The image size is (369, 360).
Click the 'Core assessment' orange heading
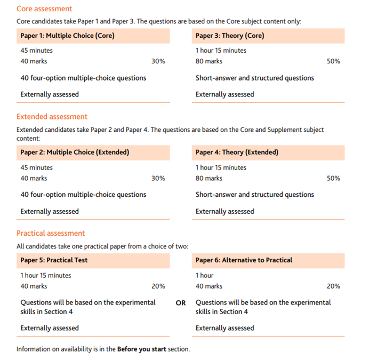click(x=44, y=9)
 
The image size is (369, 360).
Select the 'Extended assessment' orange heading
click(x=52, y=117)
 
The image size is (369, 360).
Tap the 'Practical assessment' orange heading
click(x=51, y=233)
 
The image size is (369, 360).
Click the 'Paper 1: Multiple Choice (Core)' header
click(x=67, y=36)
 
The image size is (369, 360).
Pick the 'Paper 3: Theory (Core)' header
click(x=230, y=36)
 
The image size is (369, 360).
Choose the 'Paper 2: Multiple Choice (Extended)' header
click(x=75, y=153)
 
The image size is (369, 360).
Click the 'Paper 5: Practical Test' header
click(x=54, y=260)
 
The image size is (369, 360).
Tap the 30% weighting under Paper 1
click(x=158, y=61)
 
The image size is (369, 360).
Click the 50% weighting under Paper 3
click(x=333, y=61)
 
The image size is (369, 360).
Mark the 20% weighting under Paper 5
click(x=158, y=286)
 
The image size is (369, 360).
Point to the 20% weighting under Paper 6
click(x=333, y=286)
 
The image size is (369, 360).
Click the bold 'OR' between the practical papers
click(x=181, y=303)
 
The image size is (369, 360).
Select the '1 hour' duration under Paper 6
click(x=204, y=276)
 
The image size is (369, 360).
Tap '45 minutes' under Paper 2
click(x=36, y=167)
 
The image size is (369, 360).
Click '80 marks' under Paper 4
click(x=209, y=178)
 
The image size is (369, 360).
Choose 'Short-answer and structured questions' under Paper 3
click(x=255, y=78)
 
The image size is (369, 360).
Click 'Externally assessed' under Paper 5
click(x=50, y=328)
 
